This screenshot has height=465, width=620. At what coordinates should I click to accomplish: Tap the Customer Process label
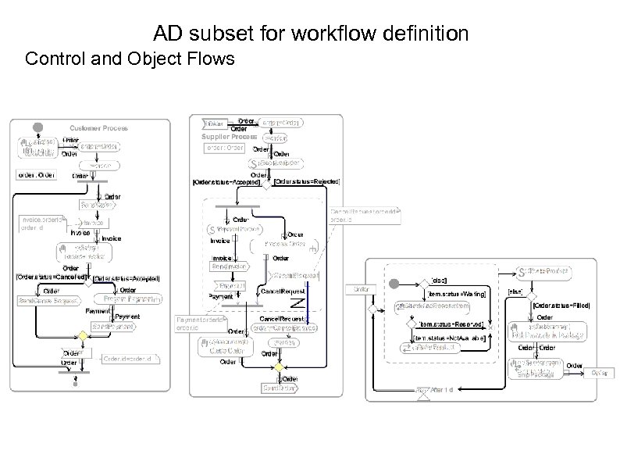point(98,128)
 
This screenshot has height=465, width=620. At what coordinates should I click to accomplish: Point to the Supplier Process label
point(229,137)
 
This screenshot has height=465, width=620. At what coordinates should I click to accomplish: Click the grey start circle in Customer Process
point(35,128)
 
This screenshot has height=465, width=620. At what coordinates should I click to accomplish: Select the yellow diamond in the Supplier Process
point(275,367)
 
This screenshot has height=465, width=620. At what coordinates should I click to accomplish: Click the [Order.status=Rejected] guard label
point(307,182)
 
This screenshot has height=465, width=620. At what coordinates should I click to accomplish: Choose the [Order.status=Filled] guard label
point(562,306)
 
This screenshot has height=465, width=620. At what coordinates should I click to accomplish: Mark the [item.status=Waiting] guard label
point(458,294)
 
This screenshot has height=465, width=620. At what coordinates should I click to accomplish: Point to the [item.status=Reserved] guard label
point(453,324)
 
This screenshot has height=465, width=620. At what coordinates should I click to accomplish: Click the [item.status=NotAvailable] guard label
point(452,338)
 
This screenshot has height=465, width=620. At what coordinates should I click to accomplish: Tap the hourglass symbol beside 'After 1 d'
point(422,393)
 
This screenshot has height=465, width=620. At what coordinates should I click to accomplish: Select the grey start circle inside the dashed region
point(394,284)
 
